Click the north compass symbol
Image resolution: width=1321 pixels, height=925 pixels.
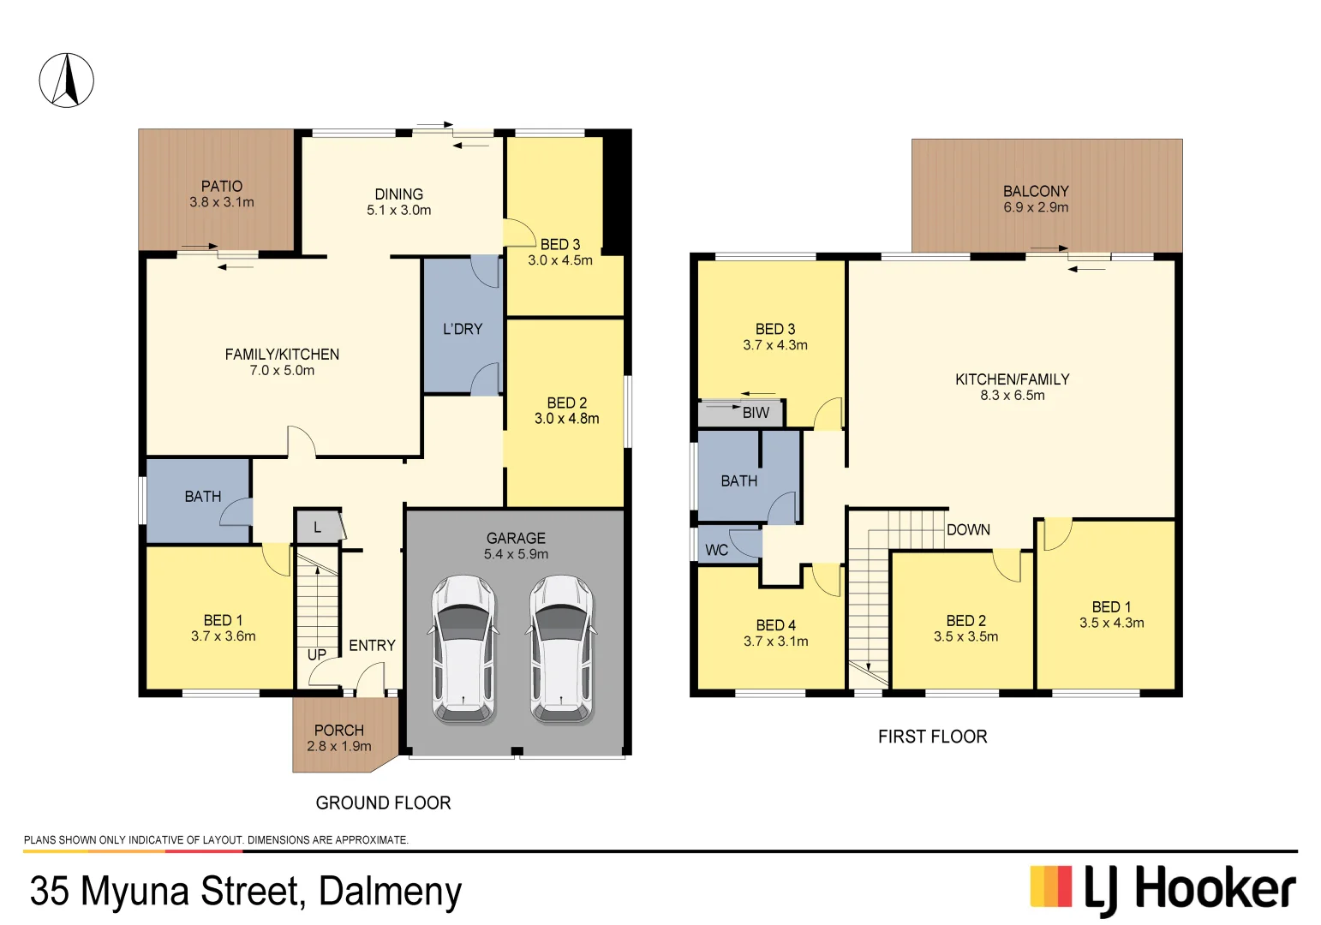click(x=66, y=81)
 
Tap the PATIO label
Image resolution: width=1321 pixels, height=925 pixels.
click(x=222, y=187)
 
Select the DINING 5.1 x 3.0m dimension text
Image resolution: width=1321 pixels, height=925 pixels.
click(x=399, y=211)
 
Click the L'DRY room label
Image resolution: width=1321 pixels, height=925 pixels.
click(x=463, y=329)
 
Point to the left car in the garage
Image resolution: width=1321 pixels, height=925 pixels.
click(x=463, y=649)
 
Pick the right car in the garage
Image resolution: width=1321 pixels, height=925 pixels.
click(x=561, y=649)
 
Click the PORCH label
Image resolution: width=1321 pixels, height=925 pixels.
click(x=339, y=731)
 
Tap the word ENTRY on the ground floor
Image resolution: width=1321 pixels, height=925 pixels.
click(x=372, y=646)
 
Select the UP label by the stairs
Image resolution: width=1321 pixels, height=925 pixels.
click(x=317, y=655)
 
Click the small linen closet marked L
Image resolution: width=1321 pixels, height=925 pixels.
click(x=317, y=528)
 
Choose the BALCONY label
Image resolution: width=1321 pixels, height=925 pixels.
click(x=1036, y=192)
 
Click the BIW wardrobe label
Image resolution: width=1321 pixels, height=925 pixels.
click(x=756, y=413)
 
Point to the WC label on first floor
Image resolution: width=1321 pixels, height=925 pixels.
click(x=717, y=550)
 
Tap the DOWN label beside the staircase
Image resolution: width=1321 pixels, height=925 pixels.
click(x=968, y=530)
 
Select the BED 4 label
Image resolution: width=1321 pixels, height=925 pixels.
click(x=775, y=626)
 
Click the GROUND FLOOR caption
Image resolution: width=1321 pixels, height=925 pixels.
click(x=383, y=803)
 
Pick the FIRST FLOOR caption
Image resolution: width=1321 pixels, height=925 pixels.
click(x=932, y=737)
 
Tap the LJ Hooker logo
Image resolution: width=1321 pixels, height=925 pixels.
click(x=1163, y=890)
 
